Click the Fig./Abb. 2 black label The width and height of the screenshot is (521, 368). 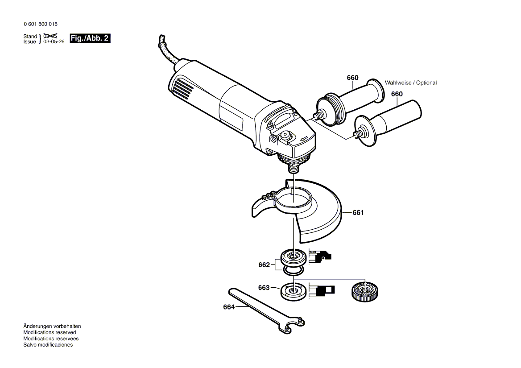[90, 38]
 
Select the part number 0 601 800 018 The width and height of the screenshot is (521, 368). [41, 24]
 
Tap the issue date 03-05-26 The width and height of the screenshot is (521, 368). [54, 42]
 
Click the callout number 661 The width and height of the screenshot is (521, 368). [358, 213]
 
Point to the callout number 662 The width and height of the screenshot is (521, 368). [264, 265]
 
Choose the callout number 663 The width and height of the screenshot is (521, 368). [264, 288]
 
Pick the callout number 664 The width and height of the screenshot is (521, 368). [229, 307]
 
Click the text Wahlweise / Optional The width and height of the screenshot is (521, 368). [411, 83]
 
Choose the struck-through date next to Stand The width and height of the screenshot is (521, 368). [50, 36]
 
